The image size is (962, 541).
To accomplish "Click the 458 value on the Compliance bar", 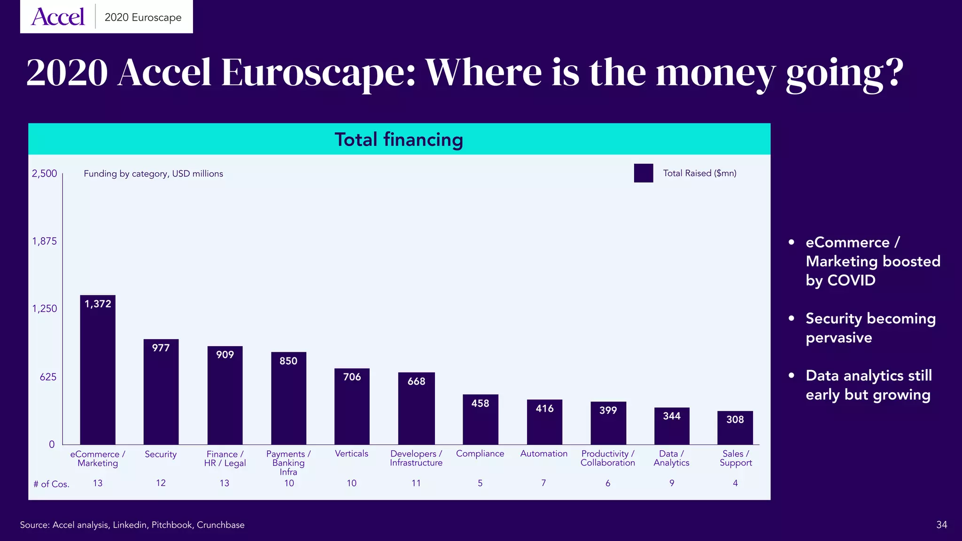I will tap(480, 403).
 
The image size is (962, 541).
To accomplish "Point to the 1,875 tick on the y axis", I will tap(44, 241).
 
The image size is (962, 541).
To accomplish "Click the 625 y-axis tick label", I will tap(48, 377).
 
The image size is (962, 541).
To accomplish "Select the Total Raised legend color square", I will tap(643, 173).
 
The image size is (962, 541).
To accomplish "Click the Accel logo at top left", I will tap(58, 17).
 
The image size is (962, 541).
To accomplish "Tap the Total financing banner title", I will tap(399, 139).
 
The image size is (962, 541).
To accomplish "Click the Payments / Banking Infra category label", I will tap(288, 463).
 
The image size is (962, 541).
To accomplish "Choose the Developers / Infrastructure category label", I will tap(416, 458).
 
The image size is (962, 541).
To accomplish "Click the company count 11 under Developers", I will tap(416, 483).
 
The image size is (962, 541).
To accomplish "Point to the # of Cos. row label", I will tap(51, 484).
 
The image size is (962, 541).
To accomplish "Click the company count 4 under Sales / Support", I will tap(735, 483).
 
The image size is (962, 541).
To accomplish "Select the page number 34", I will tap(941, 525).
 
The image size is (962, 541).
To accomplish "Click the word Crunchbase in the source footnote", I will tap(220, 525).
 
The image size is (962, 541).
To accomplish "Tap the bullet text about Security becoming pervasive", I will tap(870, 328).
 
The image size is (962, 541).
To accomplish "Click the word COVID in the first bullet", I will tap(851, 280).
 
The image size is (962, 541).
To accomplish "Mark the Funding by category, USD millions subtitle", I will tap(153, 174).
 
